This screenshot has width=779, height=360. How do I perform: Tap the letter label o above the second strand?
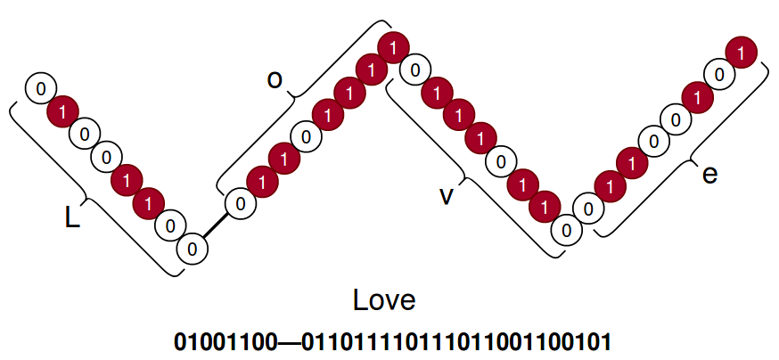pyautogui.click(x=275, y=79)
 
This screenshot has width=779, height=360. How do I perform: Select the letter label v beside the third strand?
pyautogui.click(x=447, y=195)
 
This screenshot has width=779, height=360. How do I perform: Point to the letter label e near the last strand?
pyautogui.click(x=709, y=174)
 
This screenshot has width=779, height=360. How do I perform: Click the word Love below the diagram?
pyautogui.click(x=384, y=299)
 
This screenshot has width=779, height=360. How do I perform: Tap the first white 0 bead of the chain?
pyautogui.click(x=41, y=88)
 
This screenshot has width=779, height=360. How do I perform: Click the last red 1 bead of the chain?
pyautogui.click(x=741, y=53)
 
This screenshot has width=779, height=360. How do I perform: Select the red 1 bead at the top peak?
pyautogui.click(x=391, y=45)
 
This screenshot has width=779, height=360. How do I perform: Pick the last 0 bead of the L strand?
pyautogui.click(x=192, y=247)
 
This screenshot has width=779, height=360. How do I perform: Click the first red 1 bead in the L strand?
pyautogui.click(x=62, y=111)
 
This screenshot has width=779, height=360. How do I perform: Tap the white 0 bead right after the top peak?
pyautogui.click(x=413, y=68)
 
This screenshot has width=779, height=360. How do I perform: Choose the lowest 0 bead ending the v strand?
pyautogui.click(x=564, y=229)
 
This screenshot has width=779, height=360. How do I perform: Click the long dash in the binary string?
pyautogui.click(x=291, y=341)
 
